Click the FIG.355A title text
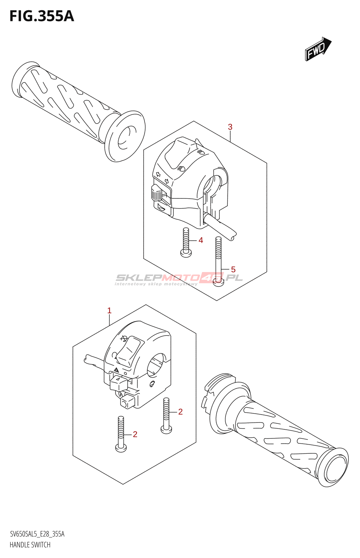coord(42,16)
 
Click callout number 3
coord(230,127)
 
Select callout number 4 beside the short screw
coord(201,240)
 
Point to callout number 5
coord(233,270)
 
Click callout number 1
coord(109,310)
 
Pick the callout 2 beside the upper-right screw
coord(180,412)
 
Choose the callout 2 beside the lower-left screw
coord(135,434)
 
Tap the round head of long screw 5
coord(218,282)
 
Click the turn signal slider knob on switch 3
coord(156,193)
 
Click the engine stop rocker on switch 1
coord(129,350)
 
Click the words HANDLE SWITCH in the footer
coord(30,545)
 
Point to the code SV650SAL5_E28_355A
coord(37,534)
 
